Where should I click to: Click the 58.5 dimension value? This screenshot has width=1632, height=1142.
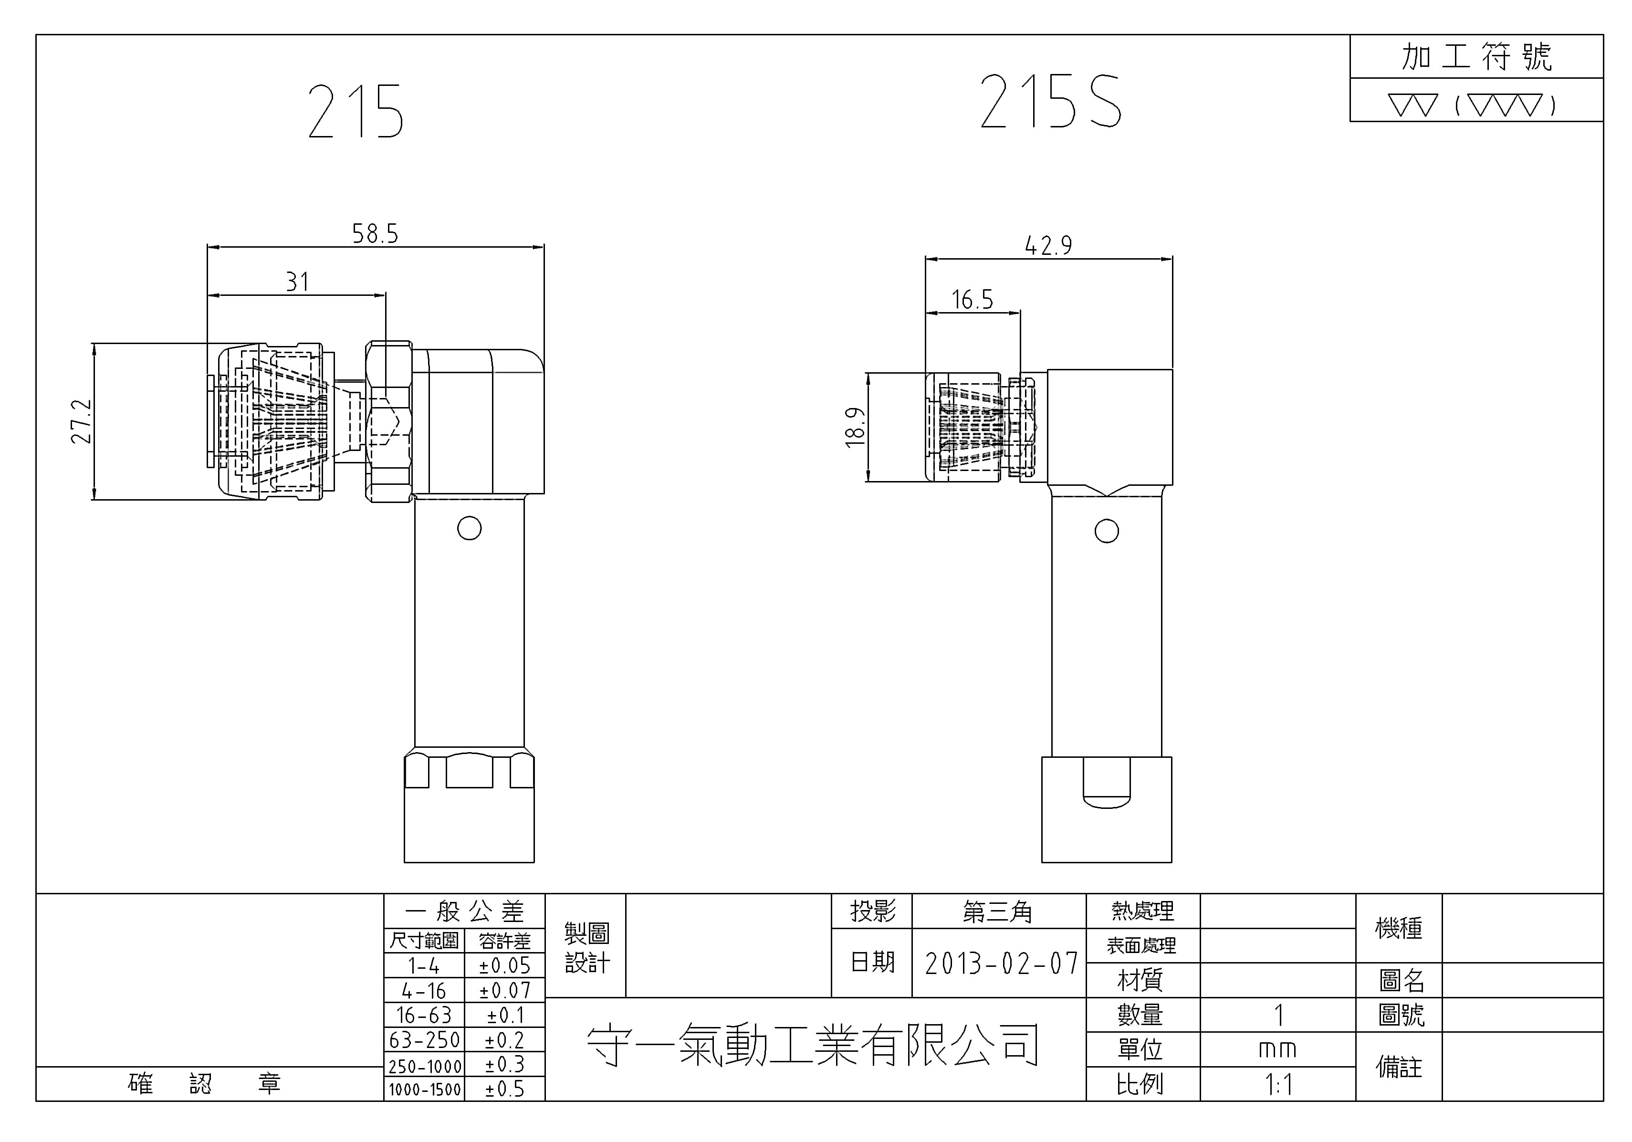pyautogui.click(x=375, y=233)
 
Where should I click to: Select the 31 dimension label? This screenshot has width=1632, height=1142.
pyautogui.click(x=298, y=282)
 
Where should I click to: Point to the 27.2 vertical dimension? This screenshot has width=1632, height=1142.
pyautogui.click(x=81, y=421)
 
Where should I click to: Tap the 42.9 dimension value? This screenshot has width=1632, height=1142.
pyautogui.click(x=1048, y=245)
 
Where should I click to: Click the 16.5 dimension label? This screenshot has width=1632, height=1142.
pyautogui.click(x=973, y=299)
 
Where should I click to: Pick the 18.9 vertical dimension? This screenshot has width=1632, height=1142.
pyautogui.click(x=855, y=427)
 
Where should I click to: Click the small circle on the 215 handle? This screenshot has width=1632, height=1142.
pyautogui.click(x=469, y=528)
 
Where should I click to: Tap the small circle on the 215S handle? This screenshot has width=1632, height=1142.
pyautogui.click(x=1107, y=531)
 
